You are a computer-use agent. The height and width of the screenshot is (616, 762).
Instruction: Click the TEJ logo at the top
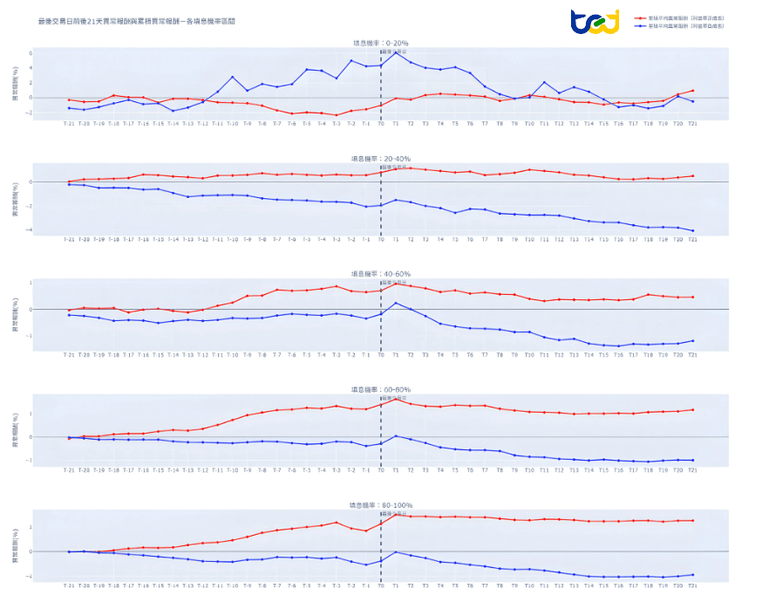pyautogui.click(x=595, y=21)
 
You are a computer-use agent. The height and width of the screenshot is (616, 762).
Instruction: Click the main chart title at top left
pyautogui.click(x=137, y=19)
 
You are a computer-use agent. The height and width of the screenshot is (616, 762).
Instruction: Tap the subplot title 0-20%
pyautogui.click(x=379, y=43)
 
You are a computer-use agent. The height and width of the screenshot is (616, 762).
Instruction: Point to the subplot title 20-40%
pyautogui.click(x=379, y=159)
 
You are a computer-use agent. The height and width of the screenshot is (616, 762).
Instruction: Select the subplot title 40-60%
pyautogui.click(x=379, y=274)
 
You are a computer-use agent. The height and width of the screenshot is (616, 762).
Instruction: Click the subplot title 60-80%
pyautogui.click(x=379, y=390)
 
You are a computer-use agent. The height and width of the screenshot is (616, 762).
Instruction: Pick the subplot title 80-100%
pyautogui.click(x=379, y=505)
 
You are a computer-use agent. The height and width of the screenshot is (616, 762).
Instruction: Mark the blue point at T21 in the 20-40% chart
pyautogui.click(x=693, y=230)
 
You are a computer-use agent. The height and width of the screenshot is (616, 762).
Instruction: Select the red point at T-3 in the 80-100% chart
pyautogui.click(x=336, y=522)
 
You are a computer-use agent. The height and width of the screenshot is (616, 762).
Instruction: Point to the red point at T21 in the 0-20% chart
pyautogui.click(x=693, y=90)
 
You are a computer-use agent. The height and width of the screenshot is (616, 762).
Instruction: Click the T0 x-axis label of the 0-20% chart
pyautogui.click(x=381, y=123)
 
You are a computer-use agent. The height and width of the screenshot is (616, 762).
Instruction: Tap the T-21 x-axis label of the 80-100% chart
pyautogui.click(x=69, y=585)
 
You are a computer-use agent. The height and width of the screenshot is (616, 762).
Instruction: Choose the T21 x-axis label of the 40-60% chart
pyautogui.click(x=693, y=355)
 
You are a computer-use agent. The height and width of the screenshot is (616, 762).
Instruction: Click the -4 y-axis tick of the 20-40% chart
pyautogui.click(x=54, y=230)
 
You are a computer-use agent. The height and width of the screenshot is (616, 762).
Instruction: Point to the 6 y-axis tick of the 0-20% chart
pyautogui.click(x=54, y=53)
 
